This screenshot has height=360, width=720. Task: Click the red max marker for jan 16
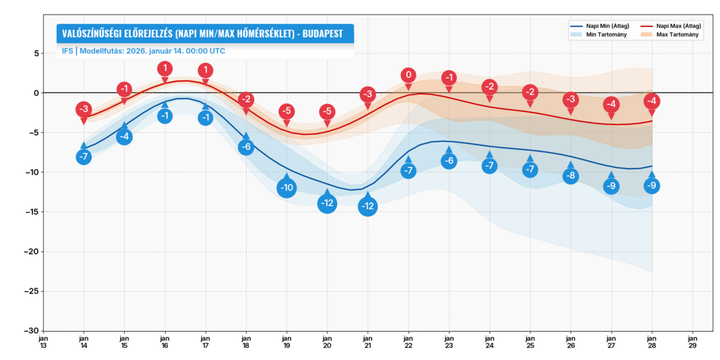tap(165, 68)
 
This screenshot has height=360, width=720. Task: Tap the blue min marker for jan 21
tap(368, 206)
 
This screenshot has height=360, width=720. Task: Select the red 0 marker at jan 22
tap(408, 76)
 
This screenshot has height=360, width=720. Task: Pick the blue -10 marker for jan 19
tap(286, 188)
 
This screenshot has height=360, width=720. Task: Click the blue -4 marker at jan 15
tap(124, 137)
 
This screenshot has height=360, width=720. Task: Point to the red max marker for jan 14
tap(84, 109)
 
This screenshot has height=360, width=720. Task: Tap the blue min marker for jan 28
tap(652, 186)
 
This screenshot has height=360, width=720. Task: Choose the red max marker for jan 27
tap(611, 105)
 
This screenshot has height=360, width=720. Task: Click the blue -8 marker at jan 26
tap(571, 176)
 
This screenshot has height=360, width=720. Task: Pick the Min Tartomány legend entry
tap(604, 34)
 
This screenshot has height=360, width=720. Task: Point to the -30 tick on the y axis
tap(31, 331)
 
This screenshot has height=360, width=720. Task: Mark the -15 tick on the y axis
tap(31, 212)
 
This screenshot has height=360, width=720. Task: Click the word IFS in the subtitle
tap(67, 51)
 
